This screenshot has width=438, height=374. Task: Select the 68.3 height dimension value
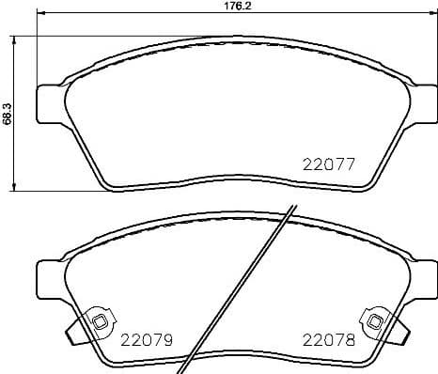[7, 114]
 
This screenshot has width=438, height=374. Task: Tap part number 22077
[328, 163]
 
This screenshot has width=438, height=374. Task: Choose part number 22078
[328, 338]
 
